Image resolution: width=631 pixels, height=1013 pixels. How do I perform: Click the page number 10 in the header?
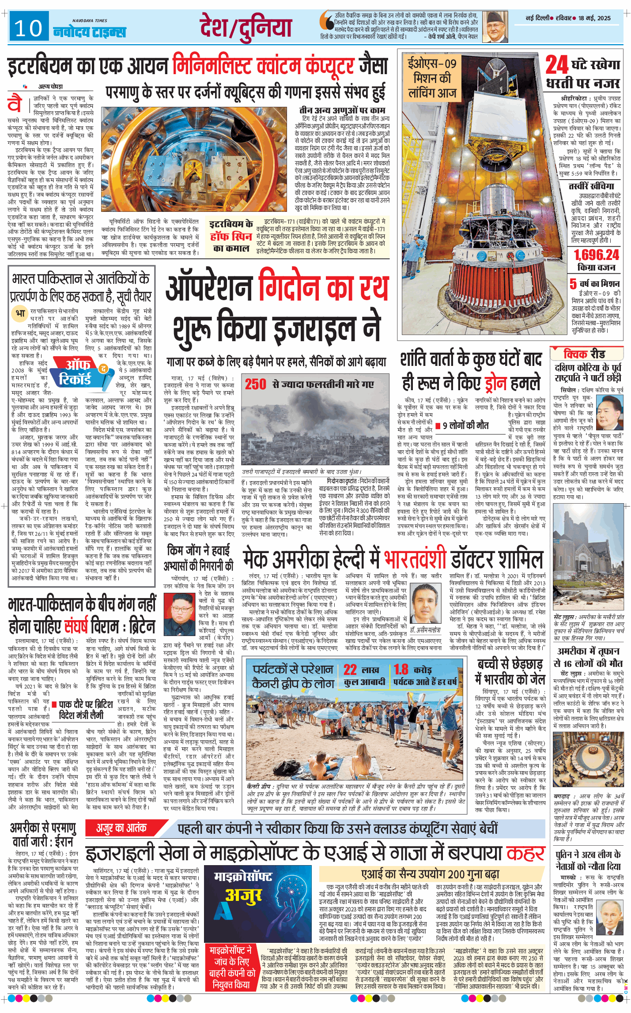click(28, 29)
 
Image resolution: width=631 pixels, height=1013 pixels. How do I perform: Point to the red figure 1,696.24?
click(596, 255)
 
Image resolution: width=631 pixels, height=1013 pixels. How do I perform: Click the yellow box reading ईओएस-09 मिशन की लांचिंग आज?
click(431, 78)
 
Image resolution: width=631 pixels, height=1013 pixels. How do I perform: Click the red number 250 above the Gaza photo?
click(256, 384)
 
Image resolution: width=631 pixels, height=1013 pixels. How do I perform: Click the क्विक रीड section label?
click(584, 354)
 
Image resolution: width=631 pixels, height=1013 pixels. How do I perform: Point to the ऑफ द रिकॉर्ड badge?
click(79, 372)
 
